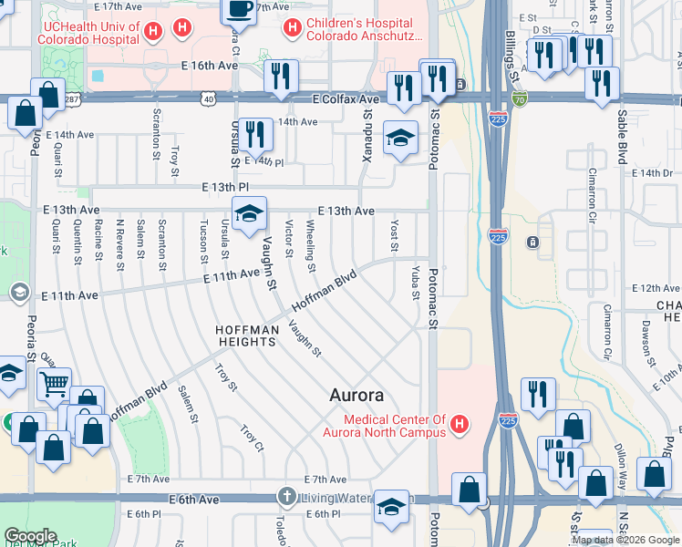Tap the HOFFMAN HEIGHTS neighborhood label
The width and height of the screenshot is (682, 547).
click(245, 335)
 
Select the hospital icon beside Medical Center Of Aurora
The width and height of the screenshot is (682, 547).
click(460, 424)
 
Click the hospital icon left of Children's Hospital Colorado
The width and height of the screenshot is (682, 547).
click(293, 28)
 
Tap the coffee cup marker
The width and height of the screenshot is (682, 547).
click(240, 9)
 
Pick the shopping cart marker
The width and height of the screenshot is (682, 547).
click(56, 386)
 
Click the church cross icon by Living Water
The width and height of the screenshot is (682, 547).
click(286, 497)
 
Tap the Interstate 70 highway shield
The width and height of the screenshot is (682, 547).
click(520, 99)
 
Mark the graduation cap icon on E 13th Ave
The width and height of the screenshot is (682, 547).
click(249, 214)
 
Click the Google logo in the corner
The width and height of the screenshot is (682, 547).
click(31, 536)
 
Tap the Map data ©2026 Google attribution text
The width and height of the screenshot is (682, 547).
click(625, 540)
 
